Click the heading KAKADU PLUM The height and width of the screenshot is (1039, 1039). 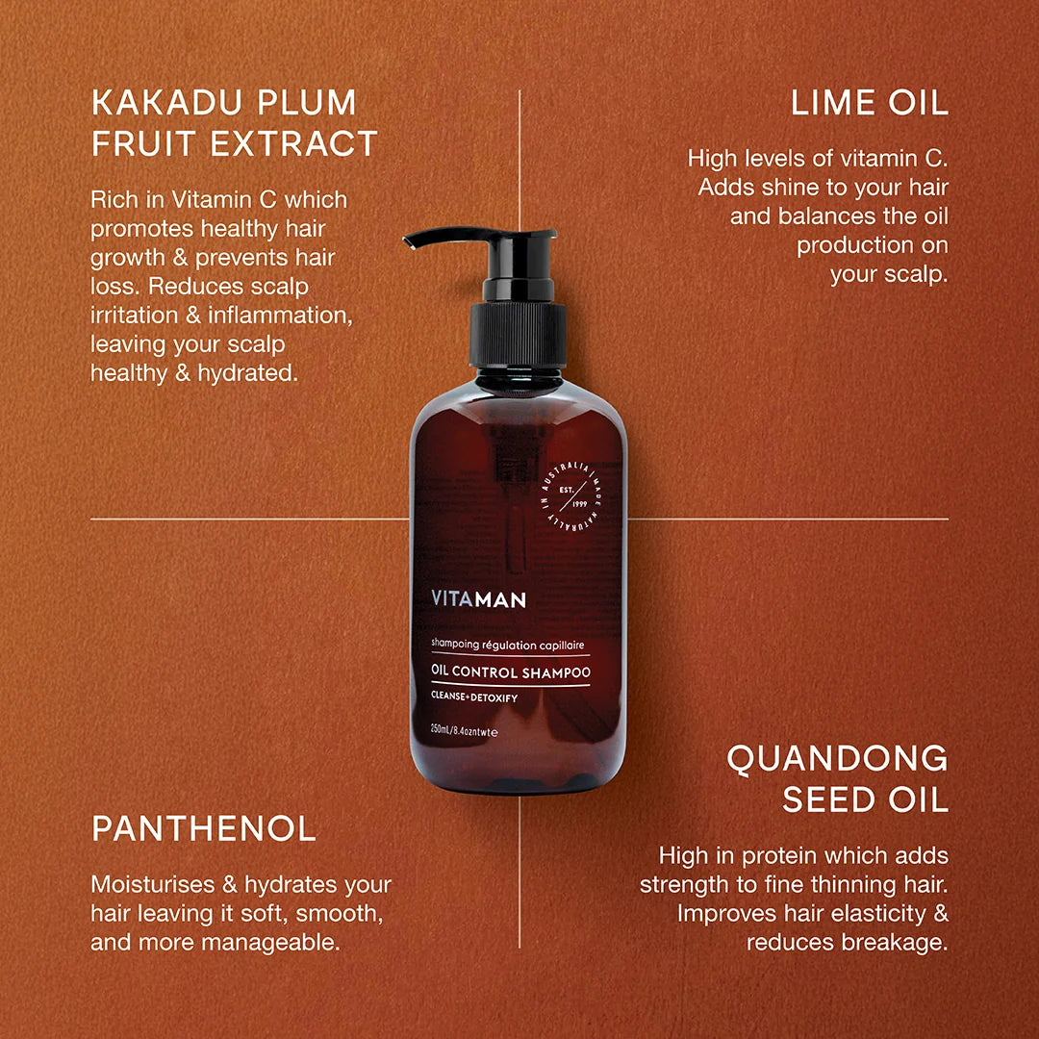[x=224, y=103]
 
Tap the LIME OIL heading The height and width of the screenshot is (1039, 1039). [x=870, y=103]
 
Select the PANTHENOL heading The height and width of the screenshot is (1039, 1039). [x=204, y=829]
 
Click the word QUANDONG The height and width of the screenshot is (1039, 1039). [x=838, y=759]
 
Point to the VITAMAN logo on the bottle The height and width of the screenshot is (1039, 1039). [x=478, y=599]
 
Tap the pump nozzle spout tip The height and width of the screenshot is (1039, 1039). [x=408, y=242]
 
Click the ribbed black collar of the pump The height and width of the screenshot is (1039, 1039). [x=518, y=335]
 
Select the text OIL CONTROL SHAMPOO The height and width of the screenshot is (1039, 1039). [x=510, y=672]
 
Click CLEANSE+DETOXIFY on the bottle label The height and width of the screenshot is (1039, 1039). [x=473, y=697]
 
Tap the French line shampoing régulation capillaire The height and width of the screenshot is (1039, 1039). [x=508, y=644]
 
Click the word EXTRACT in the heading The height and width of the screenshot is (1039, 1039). [x=293, y=143]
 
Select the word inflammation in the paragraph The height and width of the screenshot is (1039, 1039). [x=280, y=316]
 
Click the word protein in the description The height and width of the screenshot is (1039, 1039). [x=780, y=856]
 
